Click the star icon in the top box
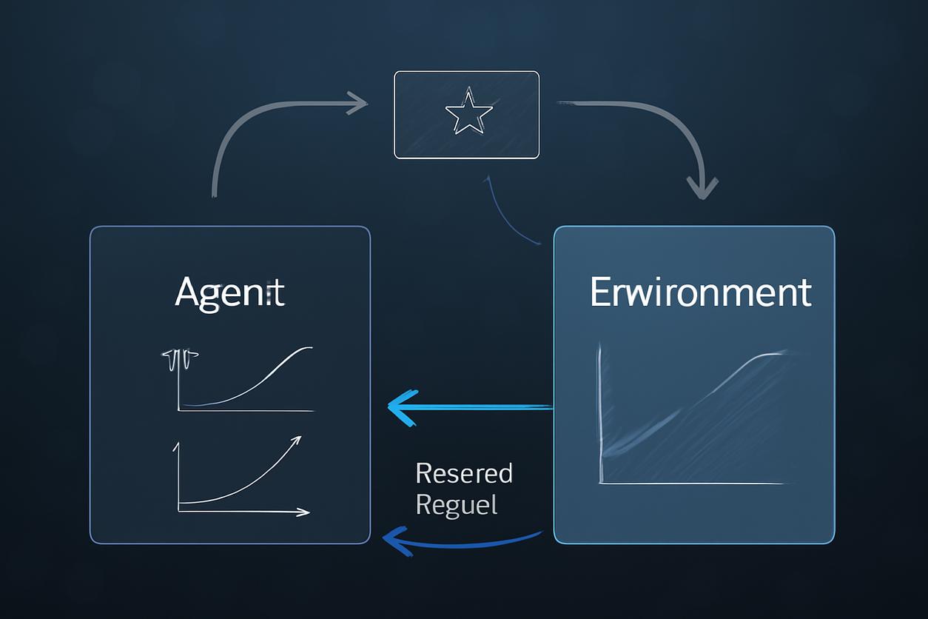468,111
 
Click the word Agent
229,293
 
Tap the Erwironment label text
700,292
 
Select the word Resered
464,473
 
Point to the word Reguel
457,505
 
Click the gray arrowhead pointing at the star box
360,104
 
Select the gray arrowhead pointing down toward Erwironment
702,188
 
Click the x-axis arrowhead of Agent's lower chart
303,512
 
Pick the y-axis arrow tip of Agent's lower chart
177,446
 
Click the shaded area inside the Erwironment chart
688,429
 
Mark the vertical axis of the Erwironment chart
602,415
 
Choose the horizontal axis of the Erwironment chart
692,484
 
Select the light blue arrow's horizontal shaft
481,406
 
